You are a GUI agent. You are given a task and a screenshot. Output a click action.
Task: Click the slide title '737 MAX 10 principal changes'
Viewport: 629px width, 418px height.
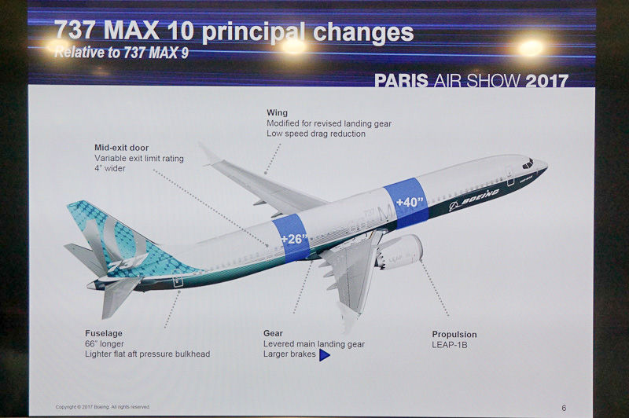point(234,33)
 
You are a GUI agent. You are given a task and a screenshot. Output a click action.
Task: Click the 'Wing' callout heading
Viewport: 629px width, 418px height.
point(276,113)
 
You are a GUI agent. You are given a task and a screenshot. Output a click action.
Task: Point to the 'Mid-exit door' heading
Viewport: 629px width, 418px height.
point(121,147)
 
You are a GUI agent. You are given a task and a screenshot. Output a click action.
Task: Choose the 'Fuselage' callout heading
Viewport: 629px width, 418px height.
point(104,333)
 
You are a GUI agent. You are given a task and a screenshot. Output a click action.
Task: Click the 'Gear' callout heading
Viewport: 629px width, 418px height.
point(273,333)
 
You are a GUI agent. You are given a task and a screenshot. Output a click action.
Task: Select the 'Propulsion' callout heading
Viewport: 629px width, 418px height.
point(454,335)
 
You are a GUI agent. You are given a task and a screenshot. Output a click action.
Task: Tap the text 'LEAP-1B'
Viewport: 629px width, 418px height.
point(450,345)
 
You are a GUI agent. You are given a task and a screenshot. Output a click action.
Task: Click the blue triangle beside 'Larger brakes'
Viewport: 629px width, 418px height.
point(324,355)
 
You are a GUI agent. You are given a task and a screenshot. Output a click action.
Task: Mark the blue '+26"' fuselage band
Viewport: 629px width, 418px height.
point(292,237)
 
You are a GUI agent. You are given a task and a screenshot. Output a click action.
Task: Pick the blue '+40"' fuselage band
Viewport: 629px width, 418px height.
point(406,203)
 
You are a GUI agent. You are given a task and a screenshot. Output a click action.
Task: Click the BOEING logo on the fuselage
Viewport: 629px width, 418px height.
point(474,200)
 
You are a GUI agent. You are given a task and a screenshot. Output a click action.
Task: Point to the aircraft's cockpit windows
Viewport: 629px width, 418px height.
point(528,164)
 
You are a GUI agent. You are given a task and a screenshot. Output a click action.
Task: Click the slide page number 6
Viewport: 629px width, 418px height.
point(563,408)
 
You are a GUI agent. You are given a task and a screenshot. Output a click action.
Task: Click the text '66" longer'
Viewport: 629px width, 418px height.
point(106,344)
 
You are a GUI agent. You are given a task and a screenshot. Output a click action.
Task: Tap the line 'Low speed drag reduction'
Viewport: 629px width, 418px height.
point(316,134)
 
